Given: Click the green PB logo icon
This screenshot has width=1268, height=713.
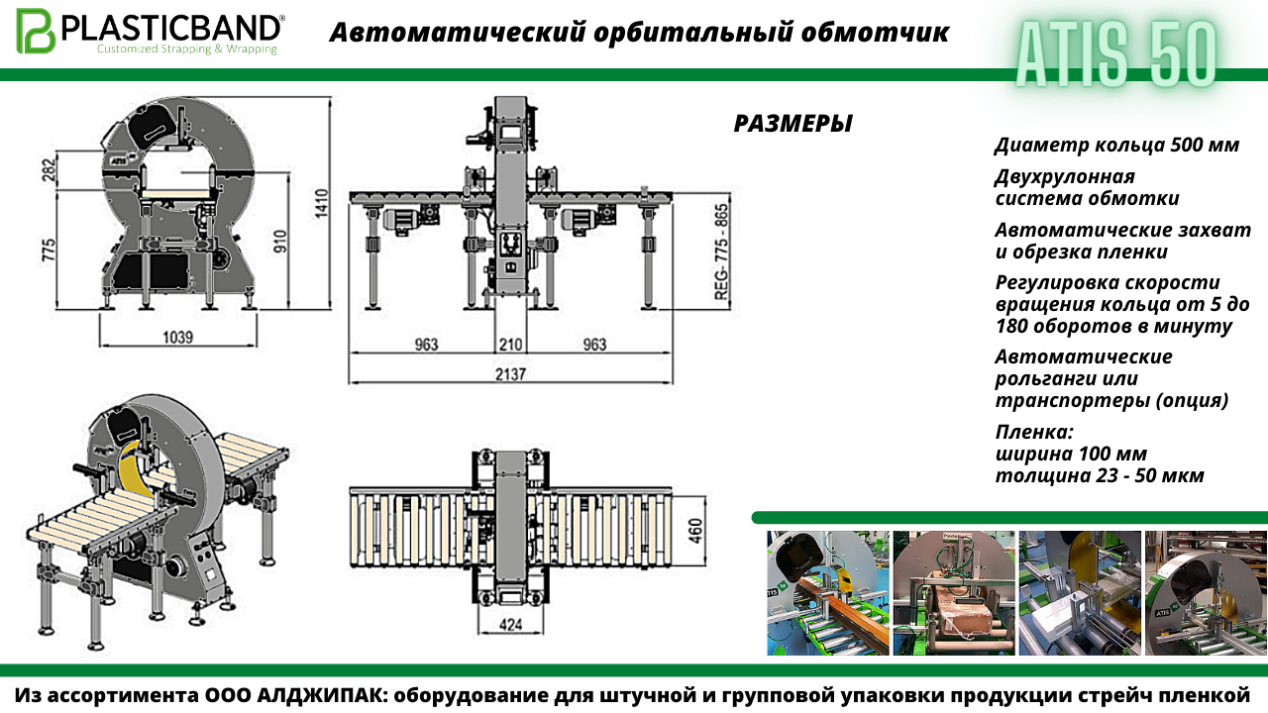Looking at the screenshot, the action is tap(36, 31).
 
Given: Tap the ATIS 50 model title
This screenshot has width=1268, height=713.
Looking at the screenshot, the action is tap(1115, 54).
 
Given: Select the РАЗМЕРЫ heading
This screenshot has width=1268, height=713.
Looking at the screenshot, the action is tap(792, 124).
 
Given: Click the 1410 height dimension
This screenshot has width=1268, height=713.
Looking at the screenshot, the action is tap(322, 203).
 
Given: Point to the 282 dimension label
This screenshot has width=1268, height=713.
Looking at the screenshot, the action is tap(50, 170).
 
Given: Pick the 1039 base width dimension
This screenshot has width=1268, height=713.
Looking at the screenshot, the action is tap(177, 338).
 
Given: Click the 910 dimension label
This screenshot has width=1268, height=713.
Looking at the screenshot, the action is tap(280, 241).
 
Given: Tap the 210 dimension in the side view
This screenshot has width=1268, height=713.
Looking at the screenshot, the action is tap(510, 345).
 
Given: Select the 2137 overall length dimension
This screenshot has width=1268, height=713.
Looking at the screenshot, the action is tap(510, 374).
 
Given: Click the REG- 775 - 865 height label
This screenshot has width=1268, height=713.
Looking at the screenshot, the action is tap(721, 252).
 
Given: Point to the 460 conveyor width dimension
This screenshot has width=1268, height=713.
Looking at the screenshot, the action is tap(696, 531).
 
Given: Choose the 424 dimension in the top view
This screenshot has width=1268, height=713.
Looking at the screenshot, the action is tap(510, 625).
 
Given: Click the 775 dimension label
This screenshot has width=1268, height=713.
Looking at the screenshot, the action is tap(49, 251).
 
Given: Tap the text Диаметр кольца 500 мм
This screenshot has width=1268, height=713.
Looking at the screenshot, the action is tap(1116, 146).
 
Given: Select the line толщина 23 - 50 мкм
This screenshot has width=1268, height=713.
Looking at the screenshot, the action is tap(1100, 475).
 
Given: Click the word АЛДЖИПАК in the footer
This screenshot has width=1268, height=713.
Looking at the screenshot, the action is tap(319, 695).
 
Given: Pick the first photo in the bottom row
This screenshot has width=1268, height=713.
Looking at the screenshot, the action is tap(828, 593).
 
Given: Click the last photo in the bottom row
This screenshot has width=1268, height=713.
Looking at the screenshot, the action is tap(1206, 593).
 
